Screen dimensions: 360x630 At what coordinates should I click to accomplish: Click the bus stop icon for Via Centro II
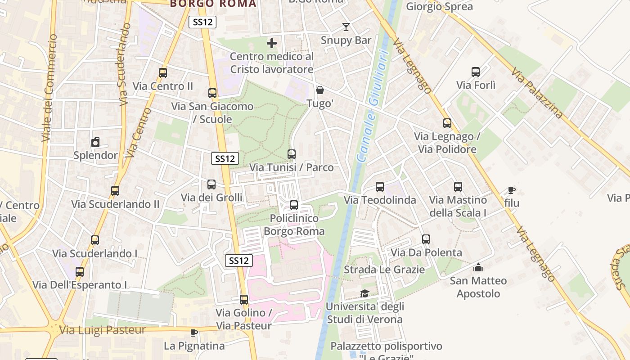coord(163,72)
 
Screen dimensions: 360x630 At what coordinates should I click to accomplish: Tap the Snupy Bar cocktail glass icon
coord(346,27)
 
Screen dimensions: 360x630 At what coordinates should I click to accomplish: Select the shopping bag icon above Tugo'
coord(320,90)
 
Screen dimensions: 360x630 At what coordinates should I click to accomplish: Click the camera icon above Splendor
coord(95,143)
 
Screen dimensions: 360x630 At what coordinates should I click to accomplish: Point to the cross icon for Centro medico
coord(272,43)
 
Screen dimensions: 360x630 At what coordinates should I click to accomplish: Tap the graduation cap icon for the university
coord(364,294)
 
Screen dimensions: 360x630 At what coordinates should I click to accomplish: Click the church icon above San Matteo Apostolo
coord(478,268)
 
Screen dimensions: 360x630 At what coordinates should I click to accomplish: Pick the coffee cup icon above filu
coord(511,190)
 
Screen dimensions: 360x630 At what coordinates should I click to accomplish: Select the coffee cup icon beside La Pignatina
coord(194,333)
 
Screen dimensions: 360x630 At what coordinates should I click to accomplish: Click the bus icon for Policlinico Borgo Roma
coord(294,205)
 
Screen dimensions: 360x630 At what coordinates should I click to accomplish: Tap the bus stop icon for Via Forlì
coord(476,72)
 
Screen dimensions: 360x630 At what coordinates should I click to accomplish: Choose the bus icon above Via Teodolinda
coord(380,187)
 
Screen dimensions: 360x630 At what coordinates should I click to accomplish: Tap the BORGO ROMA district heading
coord(213,4)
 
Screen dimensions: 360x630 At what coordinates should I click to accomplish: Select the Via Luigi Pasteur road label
coord(103,330)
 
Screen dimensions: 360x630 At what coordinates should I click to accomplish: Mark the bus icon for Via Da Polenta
coord(426,239)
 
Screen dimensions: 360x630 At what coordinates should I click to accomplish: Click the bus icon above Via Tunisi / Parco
coord(292,154)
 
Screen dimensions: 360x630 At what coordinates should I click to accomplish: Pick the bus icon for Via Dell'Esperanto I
coord(80,272)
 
